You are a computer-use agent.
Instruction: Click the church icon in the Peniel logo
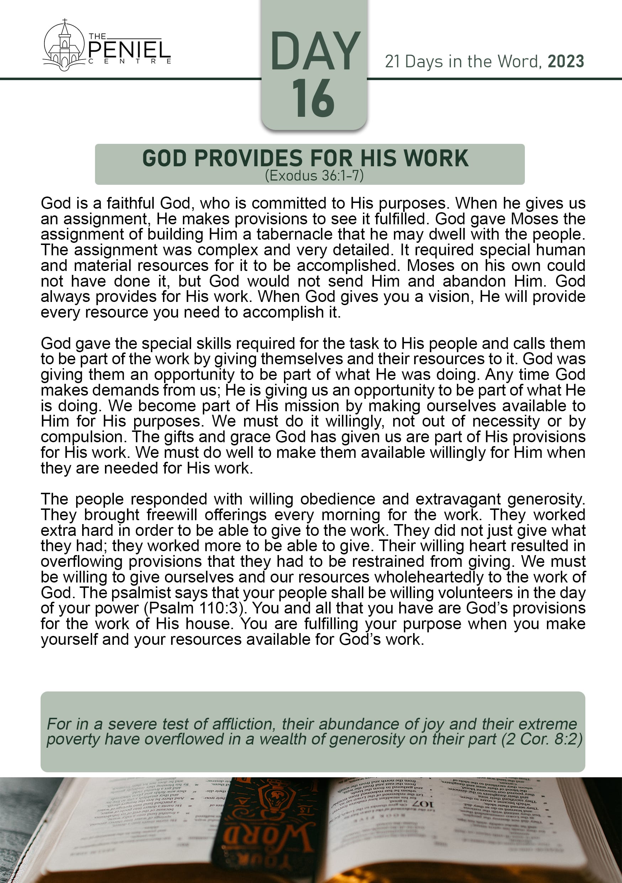[63, 46]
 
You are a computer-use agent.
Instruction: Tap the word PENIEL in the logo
[130, 50]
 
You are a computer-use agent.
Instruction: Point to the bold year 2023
[565, 62]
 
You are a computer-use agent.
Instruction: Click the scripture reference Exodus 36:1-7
[314, 176]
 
